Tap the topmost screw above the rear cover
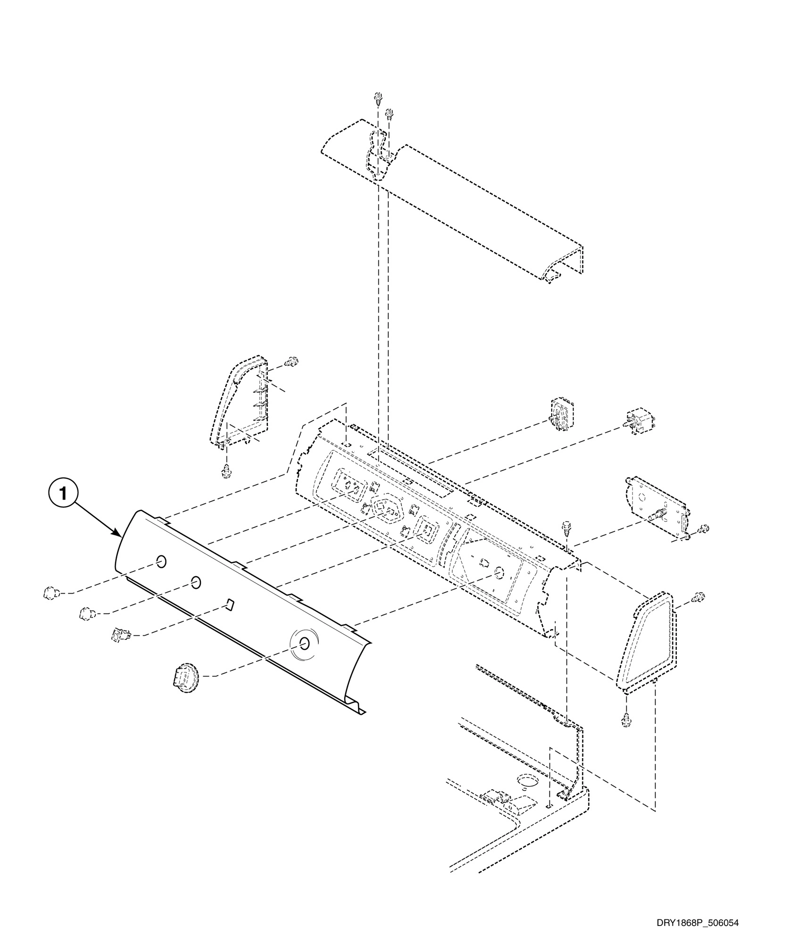coord(378,99)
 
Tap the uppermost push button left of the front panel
coord(50,592)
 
